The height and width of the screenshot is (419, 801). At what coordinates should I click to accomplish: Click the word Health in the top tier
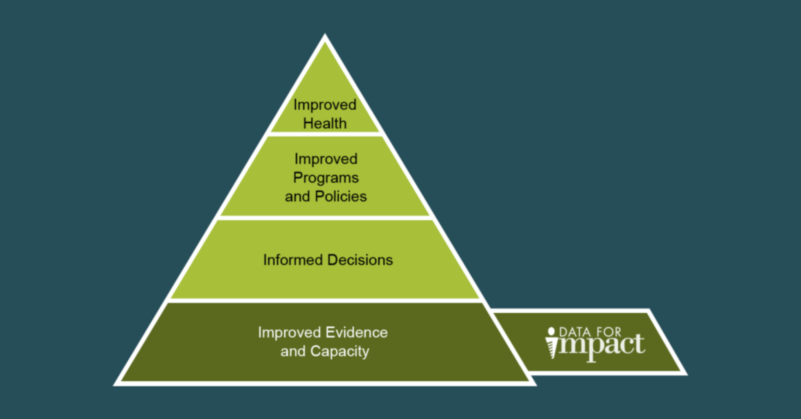point(325,124)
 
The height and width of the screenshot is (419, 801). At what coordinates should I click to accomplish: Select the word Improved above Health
point(325,105)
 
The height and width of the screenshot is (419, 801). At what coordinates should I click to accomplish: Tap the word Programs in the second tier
point(326,178)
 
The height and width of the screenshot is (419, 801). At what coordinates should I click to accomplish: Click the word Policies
point(341,196)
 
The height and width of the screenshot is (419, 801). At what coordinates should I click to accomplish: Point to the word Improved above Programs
point(326,159)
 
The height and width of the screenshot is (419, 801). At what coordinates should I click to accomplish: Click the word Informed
point(293,260)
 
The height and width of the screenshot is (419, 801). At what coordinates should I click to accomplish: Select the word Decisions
point(360,260)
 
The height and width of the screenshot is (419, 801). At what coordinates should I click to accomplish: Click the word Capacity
point(339,351)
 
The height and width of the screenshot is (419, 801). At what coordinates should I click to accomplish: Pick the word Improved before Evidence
point(289,333)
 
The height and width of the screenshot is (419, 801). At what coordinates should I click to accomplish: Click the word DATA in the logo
point(575,332)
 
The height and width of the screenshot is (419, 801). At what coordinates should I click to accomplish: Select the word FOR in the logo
point(609,332)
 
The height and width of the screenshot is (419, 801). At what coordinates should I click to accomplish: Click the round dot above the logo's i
point(551,331)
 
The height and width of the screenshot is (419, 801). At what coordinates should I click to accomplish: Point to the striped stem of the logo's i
point(552,349)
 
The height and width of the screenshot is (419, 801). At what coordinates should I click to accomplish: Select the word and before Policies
point(297,196)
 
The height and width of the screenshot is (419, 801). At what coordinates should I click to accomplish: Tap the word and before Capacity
point(293,351)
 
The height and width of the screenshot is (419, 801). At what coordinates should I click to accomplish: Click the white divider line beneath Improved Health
point(325,134)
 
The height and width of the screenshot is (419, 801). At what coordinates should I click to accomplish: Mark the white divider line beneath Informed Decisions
point(325,301)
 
